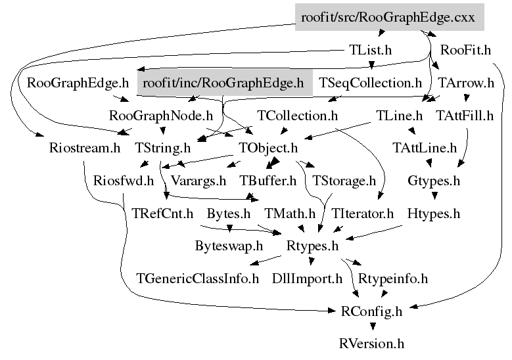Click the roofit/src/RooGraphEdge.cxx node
388,18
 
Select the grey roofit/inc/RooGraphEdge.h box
223,83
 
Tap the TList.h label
369,50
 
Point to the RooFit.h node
466,50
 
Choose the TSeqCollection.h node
370,83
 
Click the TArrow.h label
466,83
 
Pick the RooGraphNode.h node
161,116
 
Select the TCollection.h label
297,116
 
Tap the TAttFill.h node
465,116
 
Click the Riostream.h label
84,148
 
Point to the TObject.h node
268,148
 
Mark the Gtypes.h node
434,181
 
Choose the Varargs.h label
198,181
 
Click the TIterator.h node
362,214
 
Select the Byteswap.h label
229,246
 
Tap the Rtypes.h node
312,246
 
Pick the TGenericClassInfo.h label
198,279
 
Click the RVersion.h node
371,344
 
